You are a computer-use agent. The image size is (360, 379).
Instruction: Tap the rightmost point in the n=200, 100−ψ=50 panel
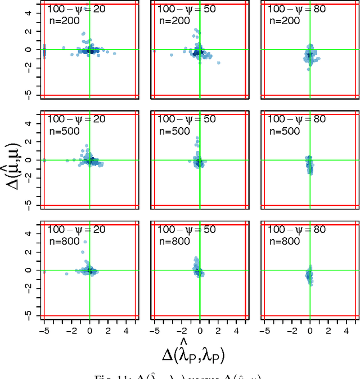tap(218, 63)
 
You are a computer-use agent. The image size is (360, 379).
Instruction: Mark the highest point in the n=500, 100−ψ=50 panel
tap(197, 137)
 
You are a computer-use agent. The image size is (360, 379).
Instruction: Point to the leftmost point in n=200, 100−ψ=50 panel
tap(172, 55)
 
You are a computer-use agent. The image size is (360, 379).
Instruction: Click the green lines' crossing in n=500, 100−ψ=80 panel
tap(309, 160)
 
